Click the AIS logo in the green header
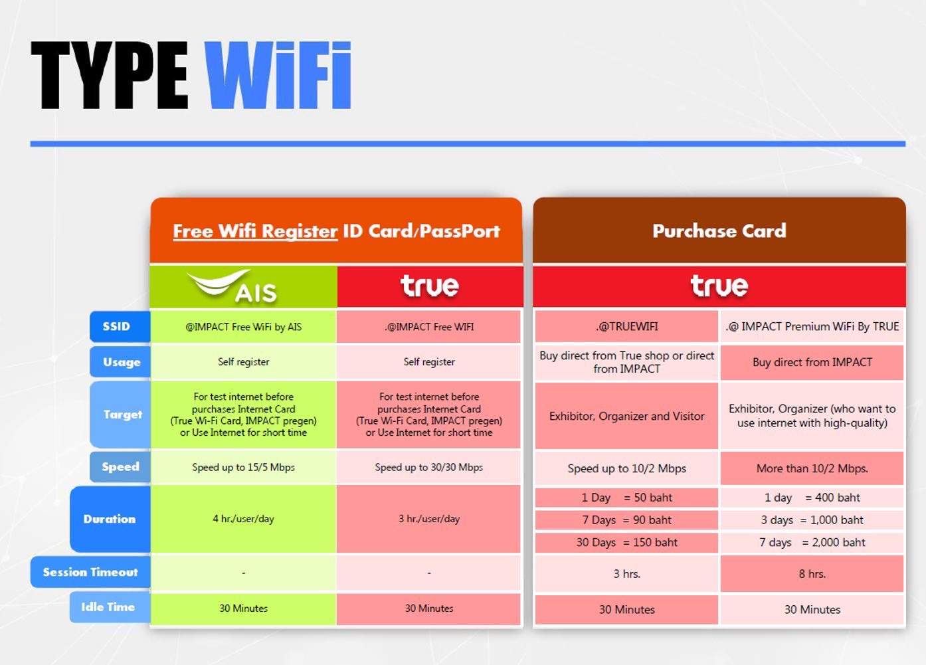pyautogui.click(x=231, y=286)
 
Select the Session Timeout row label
pyautogui.click(x=90, y=572)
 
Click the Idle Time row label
pyautogui.click(x=110, y=607)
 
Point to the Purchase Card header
pyautogui.click(x=719, y=231)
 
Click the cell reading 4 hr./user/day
pyautogui.click(x=243, y=519)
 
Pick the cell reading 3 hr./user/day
pyautogui.click(x=428, y=519)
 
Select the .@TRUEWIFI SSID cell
pyautogui.click(x=626, y=326)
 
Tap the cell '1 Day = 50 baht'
pyautogui.click(x=626, y=498)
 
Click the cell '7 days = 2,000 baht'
pyautogui.click(x=812, y=542)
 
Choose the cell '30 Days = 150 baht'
pyautogui.click(x=626, y=542)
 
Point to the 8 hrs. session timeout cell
pyautogui.click(x=812, y=573)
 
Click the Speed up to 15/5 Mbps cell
pyautogui.click(x=243, y=467)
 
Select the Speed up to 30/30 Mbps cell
pyautogui.click(x=428, y=467)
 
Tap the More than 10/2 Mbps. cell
pyautogui.click(x=812, y=468)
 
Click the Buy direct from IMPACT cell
pyautogui.click(x=812, y=362)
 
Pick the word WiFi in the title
pyautogui.click(x=278, y=75)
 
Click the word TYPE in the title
pyautogui.click(x=110, y=75)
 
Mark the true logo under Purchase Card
pyautogui.click(x=719, y=286)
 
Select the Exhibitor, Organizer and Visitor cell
pyautogui.click(x=626, y=416)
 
